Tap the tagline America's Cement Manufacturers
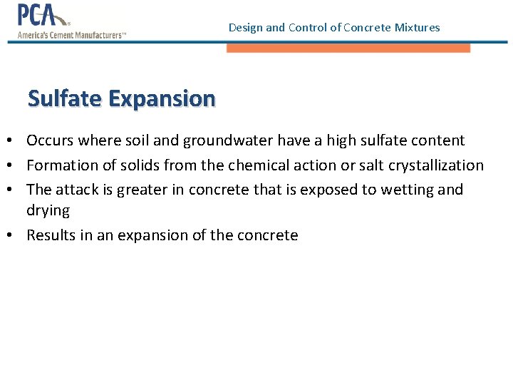click(71, 34)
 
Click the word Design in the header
click(246, 28)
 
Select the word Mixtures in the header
click(417, 28)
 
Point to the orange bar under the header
click(348, 48)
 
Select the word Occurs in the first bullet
click(48, 140)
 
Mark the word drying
click(48, 211)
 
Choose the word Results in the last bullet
click(50, 235)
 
